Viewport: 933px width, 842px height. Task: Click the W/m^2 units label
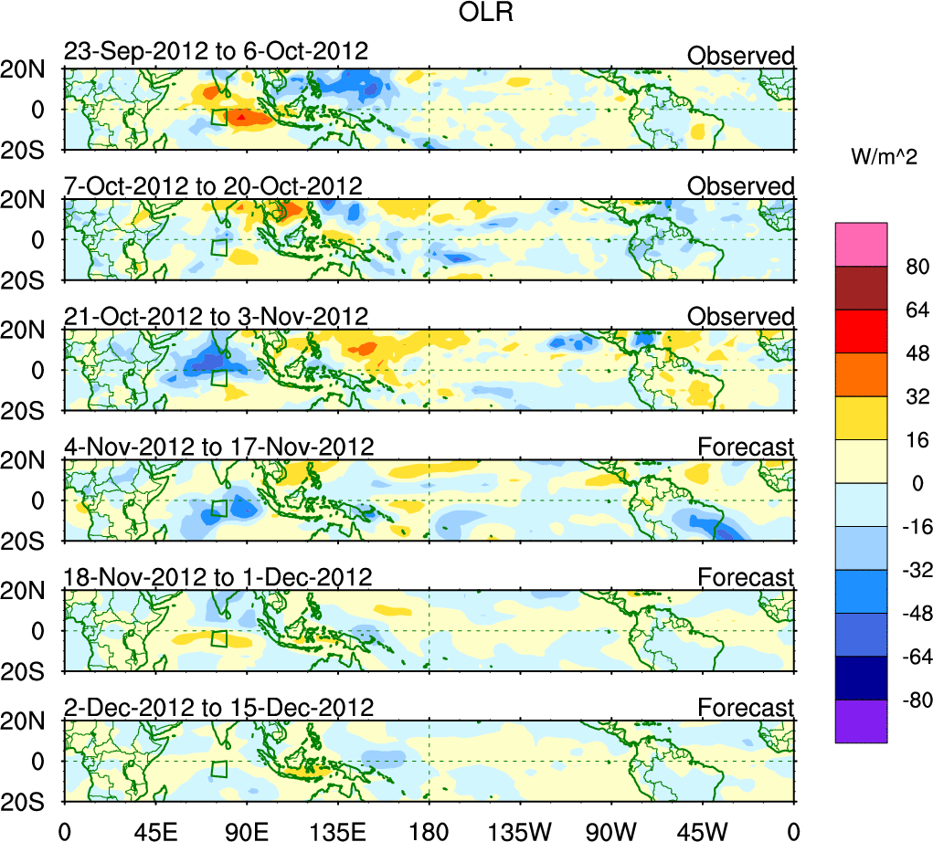coord(883,157)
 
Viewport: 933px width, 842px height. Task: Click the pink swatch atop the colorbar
coord(861,244)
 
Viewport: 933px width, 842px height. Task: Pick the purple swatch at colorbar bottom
coord(861,721)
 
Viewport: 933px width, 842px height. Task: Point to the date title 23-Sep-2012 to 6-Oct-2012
coord(216,52)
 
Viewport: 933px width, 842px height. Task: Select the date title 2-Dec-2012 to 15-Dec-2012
coord(218,708)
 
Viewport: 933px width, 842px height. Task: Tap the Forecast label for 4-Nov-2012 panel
coord(746,447)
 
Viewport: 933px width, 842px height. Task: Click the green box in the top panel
coord(218,117)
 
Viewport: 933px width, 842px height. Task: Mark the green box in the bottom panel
coord(218,769)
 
